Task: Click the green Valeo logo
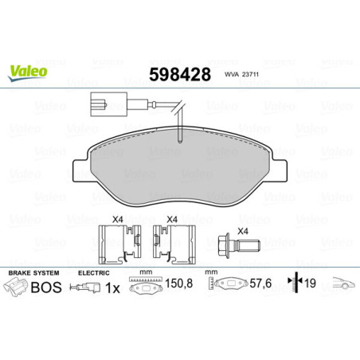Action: (28, 72)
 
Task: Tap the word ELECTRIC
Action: (92, 272)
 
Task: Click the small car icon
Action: (343, 285)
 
